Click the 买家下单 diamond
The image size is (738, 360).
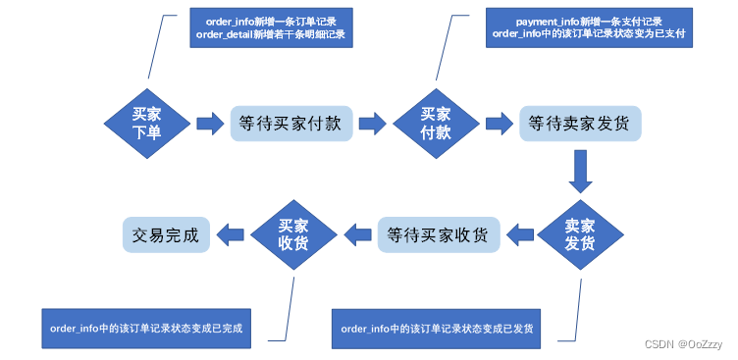point(146,124)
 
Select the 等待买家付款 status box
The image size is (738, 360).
point(290,125)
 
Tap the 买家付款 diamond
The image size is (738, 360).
point(435,124)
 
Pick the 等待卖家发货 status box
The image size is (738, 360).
point(580,124)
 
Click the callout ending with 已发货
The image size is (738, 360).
point(437,328)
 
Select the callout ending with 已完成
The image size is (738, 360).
point(145,328)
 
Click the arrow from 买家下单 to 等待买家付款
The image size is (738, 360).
point(210,124)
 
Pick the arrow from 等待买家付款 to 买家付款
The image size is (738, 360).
point(371,124)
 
